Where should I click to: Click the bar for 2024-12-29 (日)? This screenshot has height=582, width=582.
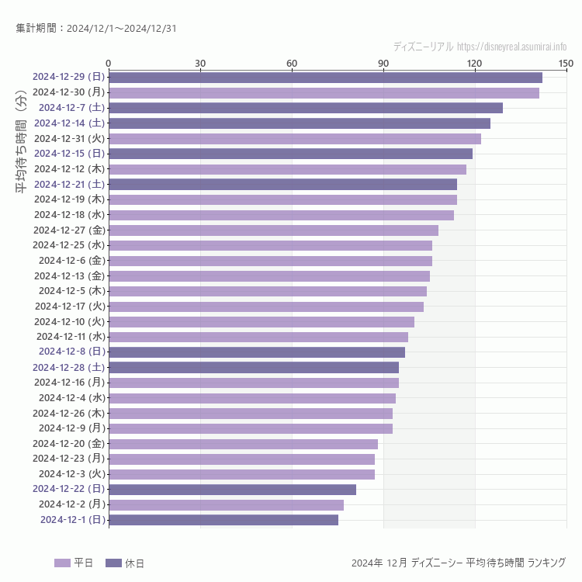[x=325, y=77]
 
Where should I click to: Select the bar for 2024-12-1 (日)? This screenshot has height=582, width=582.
[x=223, y=520]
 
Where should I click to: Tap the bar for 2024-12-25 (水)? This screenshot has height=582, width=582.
[x=270, y=245]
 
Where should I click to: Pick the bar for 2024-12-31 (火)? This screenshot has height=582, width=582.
[x=295, y=138]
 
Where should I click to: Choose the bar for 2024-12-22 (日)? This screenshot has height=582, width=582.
[x=232, y=490]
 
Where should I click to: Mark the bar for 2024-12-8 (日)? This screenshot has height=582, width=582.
[x=257, y=352]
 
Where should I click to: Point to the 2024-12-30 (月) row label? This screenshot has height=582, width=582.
[x=68, y=92]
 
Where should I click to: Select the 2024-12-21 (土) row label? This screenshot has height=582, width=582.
[x=68, y=184]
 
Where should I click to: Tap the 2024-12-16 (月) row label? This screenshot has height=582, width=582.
[x=68, y=383]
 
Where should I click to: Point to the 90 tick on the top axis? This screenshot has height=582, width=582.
[x=383, y=63]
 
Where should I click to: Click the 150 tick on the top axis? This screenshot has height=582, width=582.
[x=566, y=63]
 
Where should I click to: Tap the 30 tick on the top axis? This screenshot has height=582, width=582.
[x=200, y=63]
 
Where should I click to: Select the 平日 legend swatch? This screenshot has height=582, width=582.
[x=62, y=563]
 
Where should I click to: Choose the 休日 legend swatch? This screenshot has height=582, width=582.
[x=113, y=563]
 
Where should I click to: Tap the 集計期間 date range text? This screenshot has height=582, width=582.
[x=96, y=29]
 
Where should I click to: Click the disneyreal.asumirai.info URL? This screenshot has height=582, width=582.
[x=511, y=47]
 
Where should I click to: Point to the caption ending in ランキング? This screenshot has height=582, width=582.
[x=458, y=563]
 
